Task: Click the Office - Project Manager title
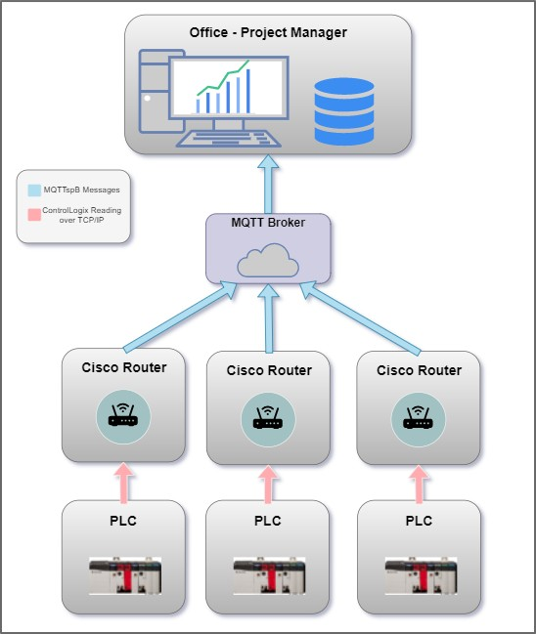coord(268,33)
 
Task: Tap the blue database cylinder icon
coord(344,111)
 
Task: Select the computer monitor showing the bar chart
coord(229,88)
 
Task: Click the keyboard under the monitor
coord(229,139)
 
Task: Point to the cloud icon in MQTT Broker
coord(268,261)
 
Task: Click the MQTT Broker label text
coord(268,223)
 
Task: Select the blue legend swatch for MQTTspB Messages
coord(34,190)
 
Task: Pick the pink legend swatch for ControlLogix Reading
coord(34,215)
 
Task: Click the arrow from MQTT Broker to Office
coord(268,184)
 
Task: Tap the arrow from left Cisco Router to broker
coord(181,317)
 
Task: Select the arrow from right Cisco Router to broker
coord(360,318)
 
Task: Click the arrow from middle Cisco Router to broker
coord(268,318)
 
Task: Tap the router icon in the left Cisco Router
coord(123,416)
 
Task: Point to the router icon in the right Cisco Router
coord(419,419)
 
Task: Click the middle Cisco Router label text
coord(269,370)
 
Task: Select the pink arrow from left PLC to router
coord(123,483)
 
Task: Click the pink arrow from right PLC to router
coord(419,485)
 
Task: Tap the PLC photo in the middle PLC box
coord(269,575)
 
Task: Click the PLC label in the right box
coord(419,521)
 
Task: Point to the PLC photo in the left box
coord(125,575)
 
